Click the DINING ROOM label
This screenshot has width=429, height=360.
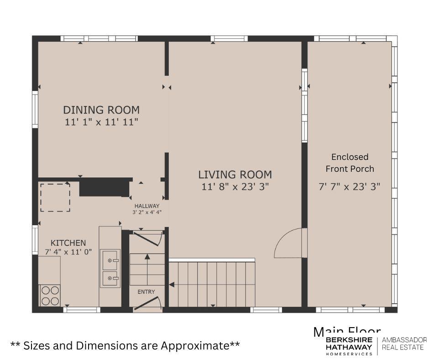tap(101, 110)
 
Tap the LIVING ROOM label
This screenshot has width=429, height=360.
tap(235, 175)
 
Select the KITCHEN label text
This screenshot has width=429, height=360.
tap(68, 243)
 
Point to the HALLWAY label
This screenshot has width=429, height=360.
tap(147, 206)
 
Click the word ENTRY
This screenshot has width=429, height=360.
tap(146, 291)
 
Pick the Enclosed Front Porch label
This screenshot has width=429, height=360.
tap(350, 163)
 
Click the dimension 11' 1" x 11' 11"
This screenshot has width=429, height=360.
tap(101, 122)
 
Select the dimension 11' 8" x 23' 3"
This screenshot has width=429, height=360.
tap(235, 186)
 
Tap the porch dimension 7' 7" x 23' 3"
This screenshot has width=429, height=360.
tap(349, 186)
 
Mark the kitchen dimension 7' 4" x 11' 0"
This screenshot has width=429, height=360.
tap(68, 252)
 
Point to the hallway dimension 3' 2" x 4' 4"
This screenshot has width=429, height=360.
tap(147, 212)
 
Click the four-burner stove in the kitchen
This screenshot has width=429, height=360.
tap(50, 295)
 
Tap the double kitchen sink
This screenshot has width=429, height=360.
tap(110, 269)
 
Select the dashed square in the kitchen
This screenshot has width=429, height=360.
tap(55, 197)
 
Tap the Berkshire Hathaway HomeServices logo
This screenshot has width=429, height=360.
tap(349, 346)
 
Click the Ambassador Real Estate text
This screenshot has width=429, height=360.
tap(404, 343)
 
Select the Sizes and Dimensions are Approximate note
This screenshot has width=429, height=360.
tap(125, 345)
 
